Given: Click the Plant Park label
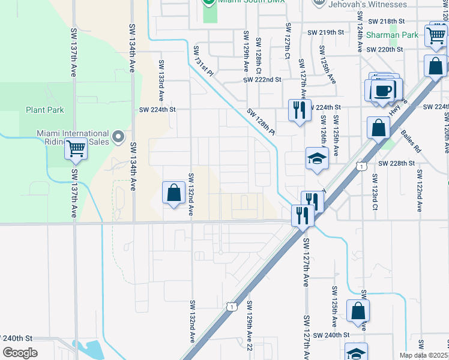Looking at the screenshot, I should [44, 110].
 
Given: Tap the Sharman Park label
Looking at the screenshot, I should [394, 35].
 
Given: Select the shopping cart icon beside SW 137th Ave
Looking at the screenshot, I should [76, 148].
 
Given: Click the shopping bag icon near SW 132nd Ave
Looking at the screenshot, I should [173, 193].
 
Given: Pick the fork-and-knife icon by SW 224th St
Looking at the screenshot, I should [299, 110].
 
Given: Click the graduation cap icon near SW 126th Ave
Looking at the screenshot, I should [317, 158].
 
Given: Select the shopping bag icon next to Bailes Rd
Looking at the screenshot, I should [379, 128].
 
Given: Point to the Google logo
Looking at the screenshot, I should [20, 352].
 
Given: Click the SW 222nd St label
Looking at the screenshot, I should [262, 79].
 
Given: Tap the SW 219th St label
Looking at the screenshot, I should [326, 32].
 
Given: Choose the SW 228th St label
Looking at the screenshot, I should [396, 163].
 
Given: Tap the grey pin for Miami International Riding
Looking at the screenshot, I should [118, 136].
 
